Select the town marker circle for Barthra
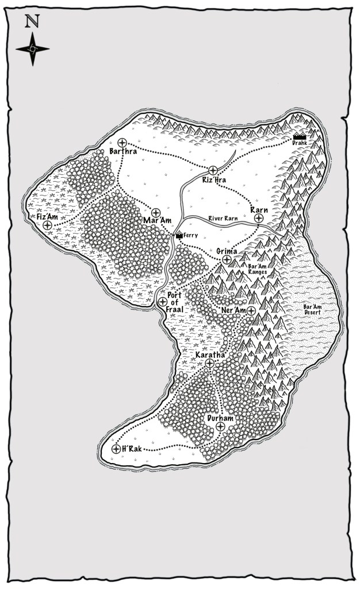point(122,142)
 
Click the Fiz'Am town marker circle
point(47,226)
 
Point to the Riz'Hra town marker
point(212,170)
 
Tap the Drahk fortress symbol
point(299,137)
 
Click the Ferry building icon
point(179,234)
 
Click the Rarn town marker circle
point(259,219)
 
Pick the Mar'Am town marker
point(156,212)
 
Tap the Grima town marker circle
point(227,260)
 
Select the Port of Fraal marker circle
point(162,301)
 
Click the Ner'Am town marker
point(251,311)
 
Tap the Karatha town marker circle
point(209,364)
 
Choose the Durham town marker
point(220,426)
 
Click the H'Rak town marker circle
point(116,449)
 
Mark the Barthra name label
point(122,152)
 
